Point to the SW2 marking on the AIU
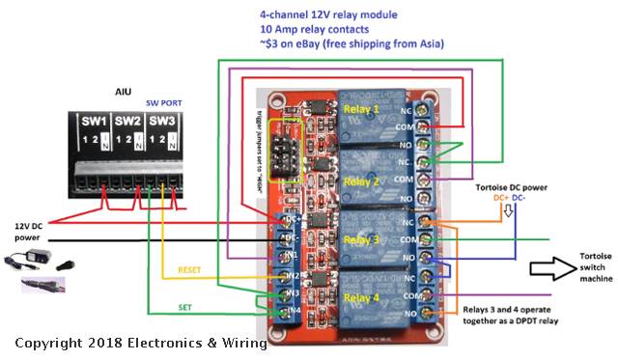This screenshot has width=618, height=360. [128, 122]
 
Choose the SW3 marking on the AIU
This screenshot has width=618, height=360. [162, 122]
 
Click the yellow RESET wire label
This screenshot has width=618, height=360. [190, 272]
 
